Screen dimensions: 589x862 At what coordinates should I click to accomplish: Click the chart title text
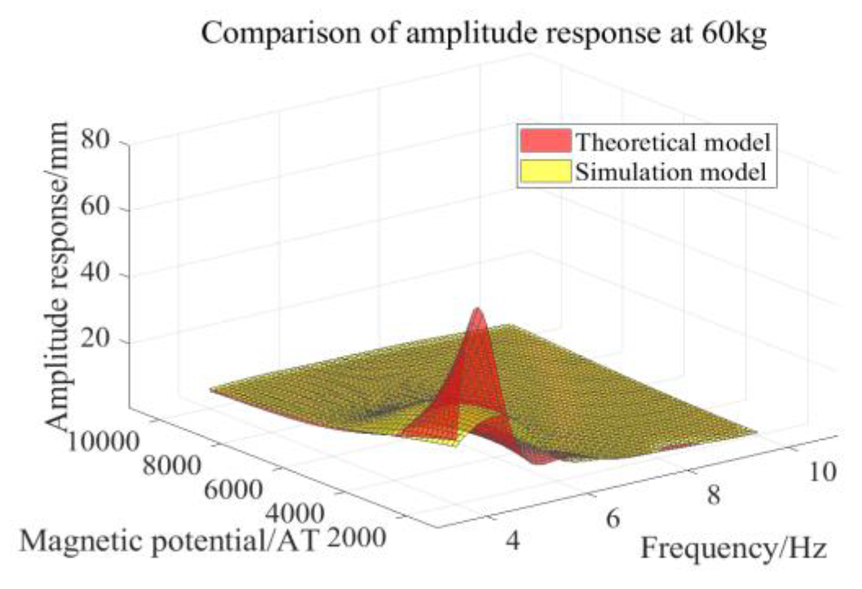tap(484, 34)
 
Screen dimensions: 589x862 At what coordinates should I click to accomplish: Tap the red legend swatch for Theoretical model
tap(546, 141)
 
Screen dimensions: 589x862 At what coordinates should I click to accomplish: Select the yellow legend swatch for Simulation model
tap(546, 171)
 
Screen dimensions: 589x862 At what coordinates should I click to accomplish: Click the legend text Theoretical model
tap(673, 142)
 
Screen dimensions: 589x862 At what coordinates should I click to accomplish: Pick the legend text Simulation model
tap(671, 172)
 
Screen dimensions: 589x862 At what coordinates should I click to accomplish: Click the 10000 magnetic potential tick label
tap(103, 443)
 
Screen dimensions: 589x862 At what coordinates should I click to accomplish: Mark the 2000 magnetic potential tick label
tap(357, 538)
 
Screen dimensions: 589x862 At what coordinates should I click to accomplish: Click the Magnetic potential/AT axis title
tap(168, 542)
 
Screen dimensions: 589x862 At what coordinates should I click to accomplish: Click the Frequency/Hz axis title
tap(733, 548)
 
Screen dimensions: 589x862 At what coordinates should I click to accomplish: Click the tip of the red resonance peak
tap(478, 310)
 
